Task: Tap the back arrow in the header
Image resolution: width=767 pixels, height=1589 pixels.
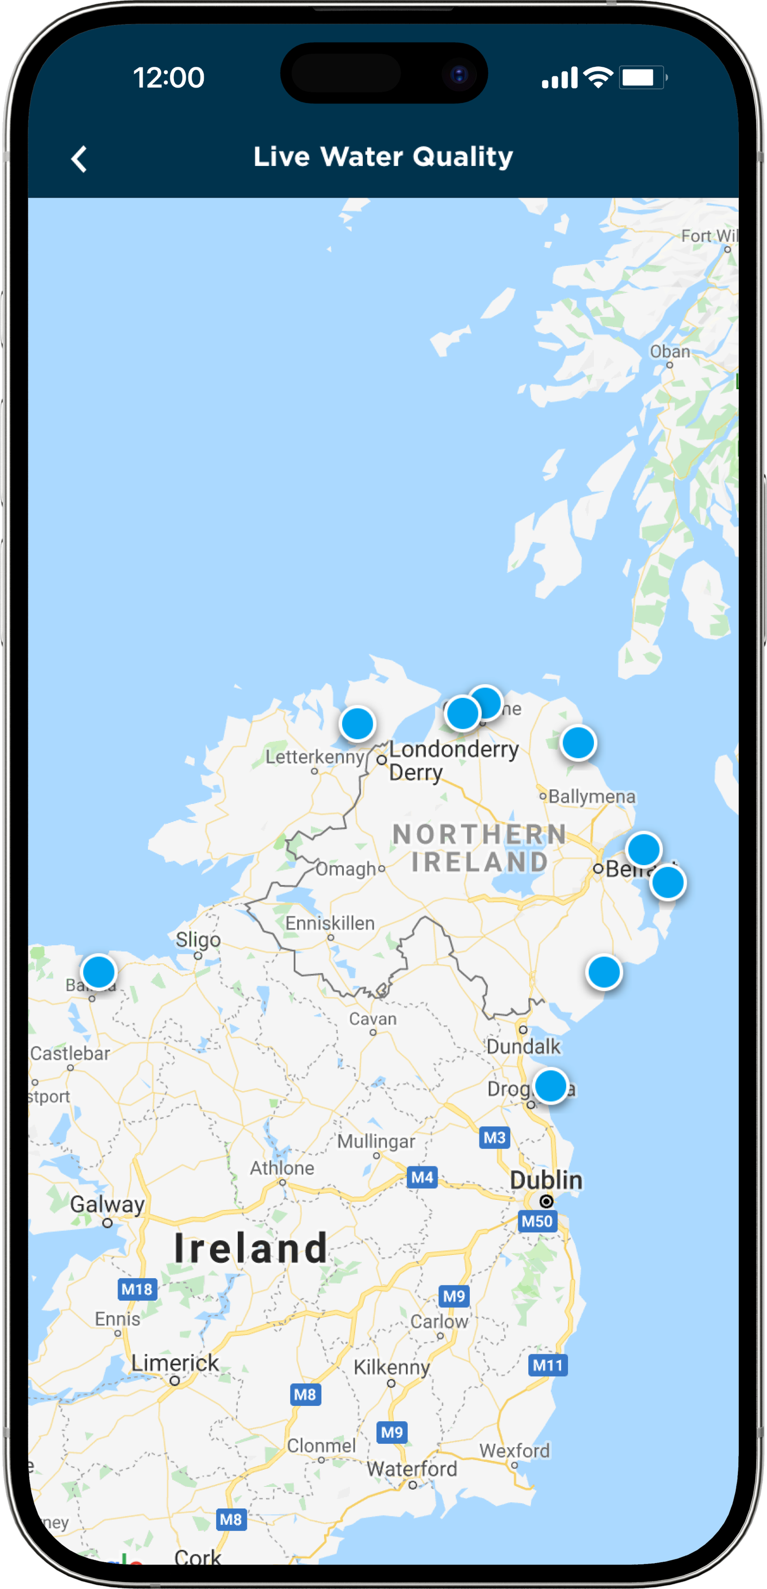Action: pos(79,159)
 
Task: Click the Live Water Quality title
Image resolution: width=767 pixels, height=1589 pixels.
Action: pos(383,157)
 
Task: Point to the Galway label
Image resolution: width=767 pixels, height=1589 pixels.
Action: pos(107,1203)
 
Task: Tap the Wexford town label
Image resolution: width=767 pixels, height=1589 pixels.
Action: pos(515,1450)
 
